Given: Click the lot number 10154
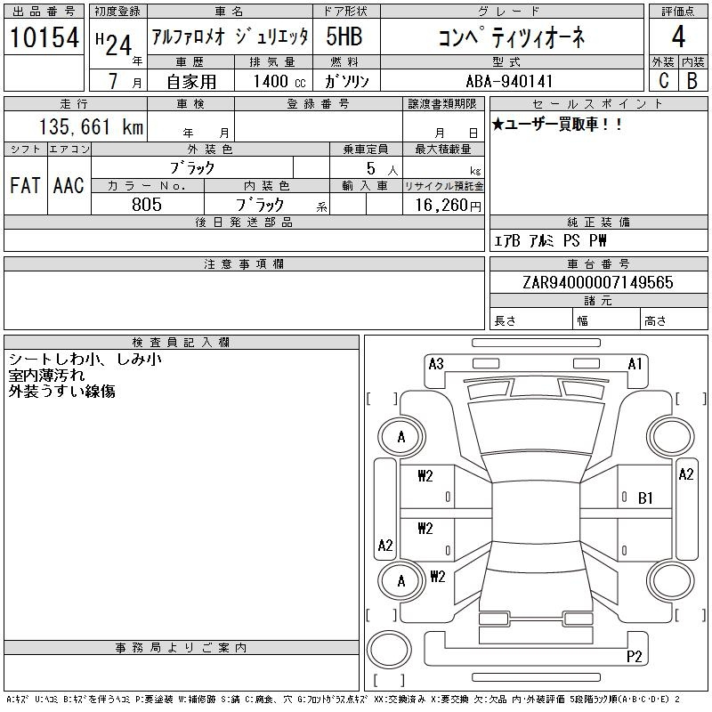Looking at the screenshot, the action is pos(44,37).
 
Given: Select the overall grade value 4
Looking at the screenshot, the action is pos(678,36).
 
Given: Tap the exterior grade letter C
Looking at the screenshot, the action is pos(663,80).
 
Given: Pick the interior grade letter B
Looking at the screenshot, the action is pos(692,80).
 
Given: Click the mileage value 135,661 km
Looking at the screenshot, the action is pos(91,126).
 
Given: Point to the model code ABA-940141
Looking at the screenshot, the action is pos(509,81).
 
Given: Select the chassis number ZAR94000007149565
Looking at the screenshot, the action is pos(598,282).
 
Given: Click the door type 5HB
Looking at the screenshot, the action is pos(344,36).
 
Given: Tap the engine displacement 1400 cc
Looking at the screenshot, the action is pos(279,81).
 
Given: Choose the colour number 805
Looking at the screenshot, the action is pos(147,205).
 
